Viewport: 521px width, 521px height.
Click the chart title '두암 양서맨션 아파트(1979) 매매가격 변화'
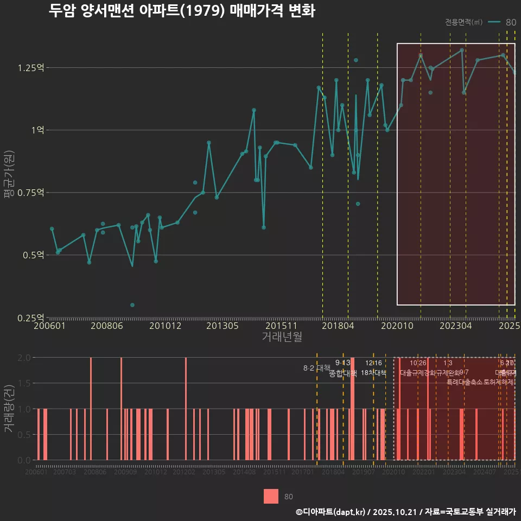182,11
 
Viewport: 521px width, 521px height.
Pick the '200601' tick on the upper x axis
49,326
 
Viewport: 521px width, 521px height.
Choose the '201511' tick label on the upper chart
281,326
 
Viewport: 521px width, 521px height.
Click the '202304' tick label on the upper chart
455,326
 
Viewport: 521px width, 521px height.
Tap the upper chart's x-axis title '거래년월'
282,337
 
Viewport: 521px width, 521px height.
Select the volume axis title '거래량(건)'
9,409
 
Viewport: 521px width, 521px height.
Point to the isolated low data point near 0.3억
132,305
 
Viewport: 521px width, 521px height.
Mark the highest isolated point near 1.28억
356,60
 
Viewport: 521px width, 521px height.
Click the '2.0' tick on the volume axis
24,358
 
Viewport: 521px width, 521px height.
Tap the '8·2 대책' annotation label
316,368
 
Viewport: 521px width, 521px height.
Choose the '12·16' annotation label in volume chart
373,363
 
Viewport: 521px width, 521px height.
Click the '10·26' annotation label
418,363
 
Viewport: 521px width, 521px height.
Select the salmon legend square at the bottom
271,496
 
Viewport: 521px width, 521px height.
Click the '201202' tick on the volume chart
183,472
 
